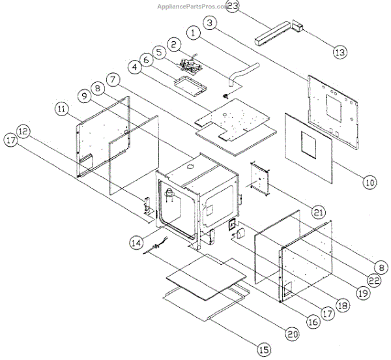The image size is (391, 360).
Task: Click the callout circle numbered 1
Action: [194, 31]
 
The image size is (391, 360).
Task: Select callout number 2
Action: [175, 44]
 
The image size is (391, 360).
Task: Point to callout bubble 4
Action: [133, 66]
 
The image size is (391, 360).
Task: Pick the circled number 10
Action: [369, 183]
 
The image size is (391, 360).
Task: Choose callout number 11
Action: [62, 108]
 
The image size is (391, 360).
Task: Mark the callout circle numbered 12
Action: [23, 131]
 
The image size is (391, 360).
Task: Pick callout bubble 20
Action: [291, 334]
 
